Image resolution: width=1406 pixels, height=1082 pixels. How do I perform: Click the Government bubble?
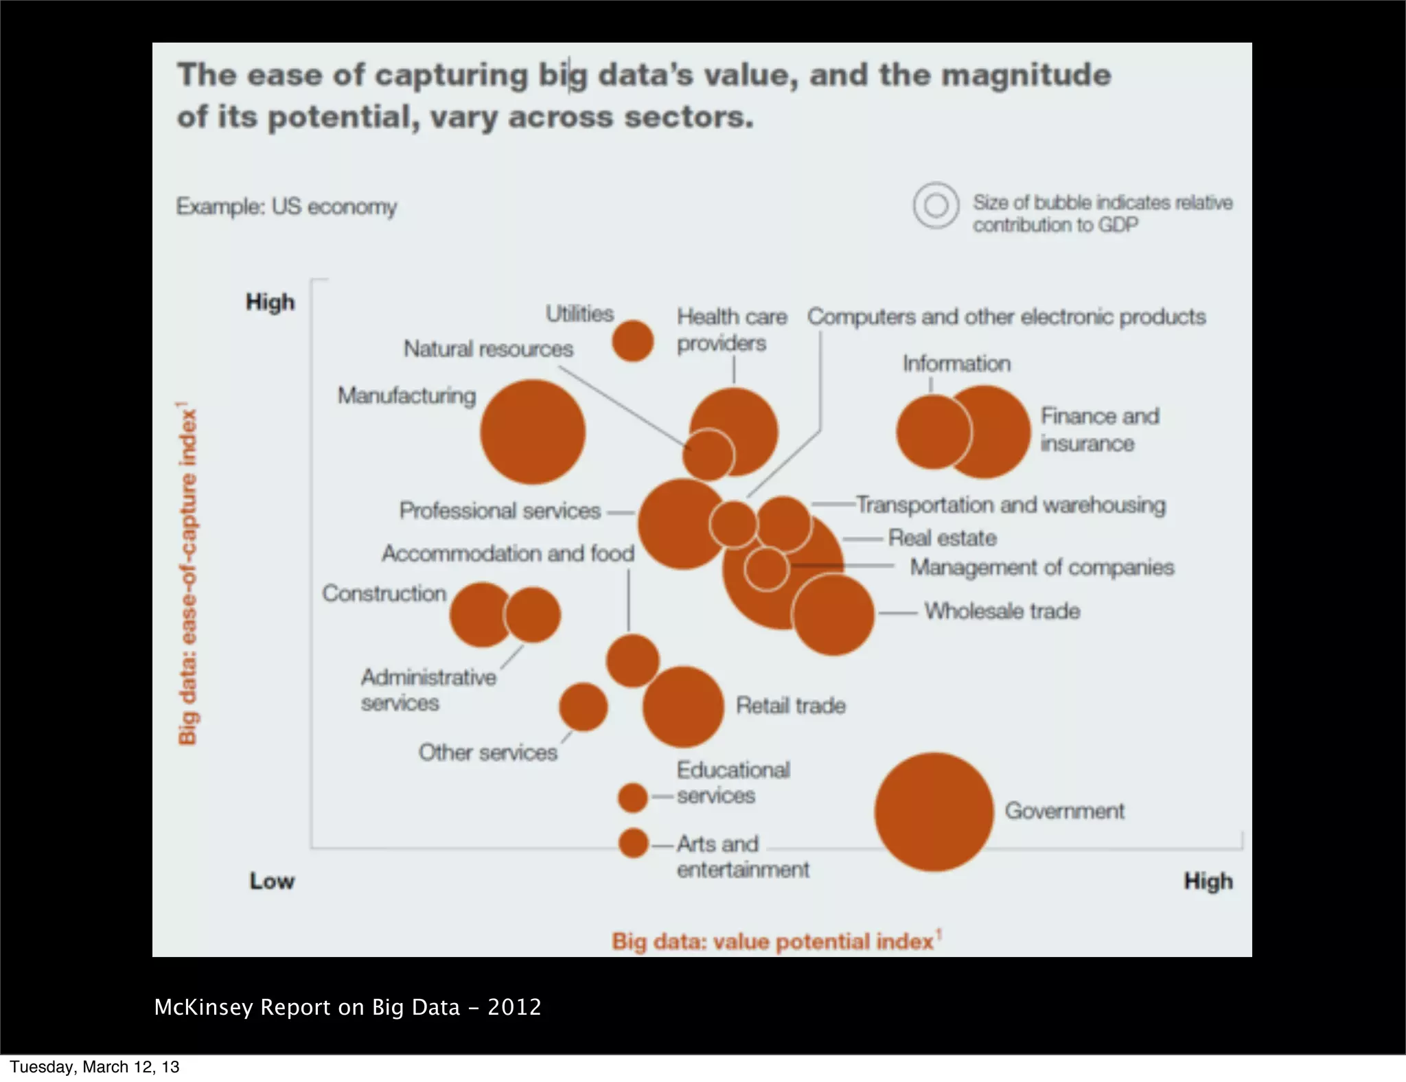[x=934, y=812]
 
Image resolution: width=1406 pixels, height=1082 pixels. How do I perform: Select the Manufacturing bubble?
[x=533, y=433]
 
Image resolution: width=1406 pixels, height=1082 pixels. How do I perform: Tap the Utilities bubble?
[x=632, y=341]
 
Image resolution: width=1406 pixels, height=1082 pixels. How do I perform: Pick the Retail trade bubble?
[x=683, y=706]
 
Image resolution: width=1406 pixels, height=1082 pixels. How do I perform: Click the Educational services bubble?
[x=632, y=798]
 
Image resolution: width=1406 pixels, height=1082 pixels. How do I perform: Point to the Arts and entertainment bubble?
[x=633, y=843]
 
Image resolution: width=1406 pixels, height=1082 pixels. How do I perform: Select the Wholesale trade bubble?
[x=833, y=614]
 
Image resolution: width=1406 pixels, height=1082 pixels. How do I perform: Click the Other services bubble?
[x=583, y=706]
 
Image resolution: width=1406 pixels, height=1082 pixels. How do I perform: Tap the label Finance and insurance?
[x=1099, y=430]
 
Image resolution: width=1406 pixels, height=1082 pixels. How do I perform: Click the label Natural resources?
[x=488, y=349]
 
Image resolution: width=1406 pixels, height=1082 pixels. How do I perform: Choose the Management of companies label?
[x=1041, y=567]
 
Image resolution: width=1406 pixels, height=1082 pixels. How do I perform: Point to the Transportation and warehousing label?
[x=1011, y=505]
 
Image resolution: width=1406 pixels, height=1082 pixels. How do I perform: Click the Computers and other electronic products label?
[x=1006, y=316]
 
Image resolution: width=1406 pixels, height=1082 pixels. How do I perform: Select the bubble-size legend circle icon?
[x=936, y=205]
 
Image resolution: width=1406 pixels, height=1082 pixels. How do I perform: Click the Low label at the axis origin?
[x=272, y=881]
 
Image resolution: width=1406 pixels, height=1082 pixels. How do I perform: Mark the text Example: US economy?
[x=286, y=207]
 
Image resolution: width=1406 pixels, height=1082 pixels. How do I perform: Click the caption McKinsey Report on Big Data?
[x=347, y=1007]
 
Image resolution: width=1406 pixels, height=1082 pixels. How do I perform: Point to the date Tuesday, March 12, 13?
[x=94, y=1067]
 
